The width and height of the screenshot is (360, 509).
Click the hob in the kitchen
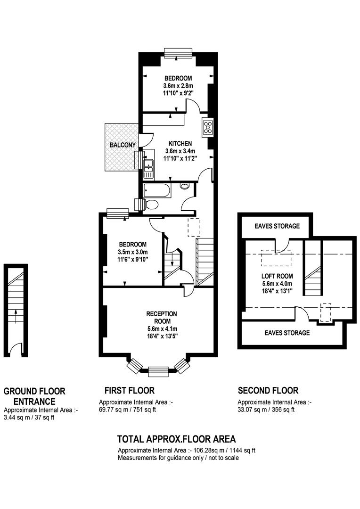(208, 127)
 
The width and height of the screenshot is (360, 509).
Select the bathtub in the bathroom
(157, 190)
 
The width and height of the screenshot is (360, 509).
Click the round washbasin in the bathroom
(185, 186)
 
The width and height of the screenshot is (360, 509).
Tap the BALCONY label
(123, 145)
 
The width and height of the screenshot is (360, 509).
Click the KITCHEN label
(180, 143)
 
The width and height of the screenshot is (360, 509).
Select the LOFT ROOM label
(277, 276)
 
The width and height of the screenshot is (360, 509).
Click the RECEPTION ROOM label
(162, 318)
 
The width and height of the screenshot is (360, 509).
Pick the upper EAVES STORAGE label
(277, 226)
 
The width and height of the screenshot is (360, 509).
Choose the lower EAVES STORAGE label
(287, 333)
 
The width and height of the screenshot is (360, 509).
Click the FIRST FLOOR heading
(130, 390)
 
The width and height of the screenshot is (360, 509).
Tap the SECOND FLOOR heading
(268, 390)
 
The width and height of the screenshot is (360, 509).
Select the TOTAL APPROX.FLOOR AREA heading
(176, 439)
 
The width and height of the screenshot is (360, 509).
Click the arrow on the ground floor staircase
(15, 315)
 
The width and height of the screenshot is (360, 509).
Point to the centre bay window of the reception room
(158, 371)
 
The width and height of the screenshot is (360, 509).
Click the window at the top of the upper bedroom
(178, 53)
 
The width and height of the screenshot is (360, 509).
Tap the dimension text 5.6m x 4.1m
(162, 328)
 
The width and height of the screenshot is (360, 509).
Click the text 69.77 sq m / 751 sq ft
(127, 410)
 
